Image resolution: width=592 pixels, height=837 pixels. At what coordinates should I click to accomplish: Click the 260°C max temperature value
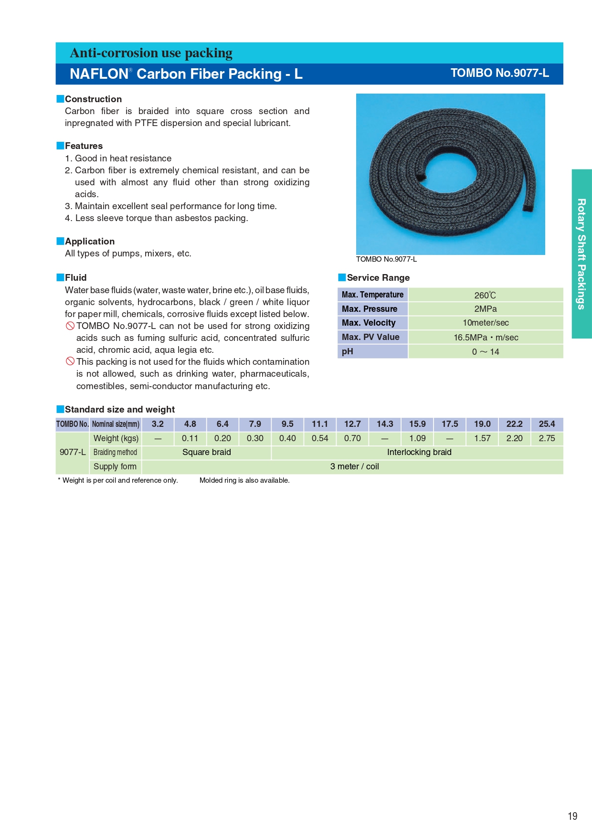tap(485, 295)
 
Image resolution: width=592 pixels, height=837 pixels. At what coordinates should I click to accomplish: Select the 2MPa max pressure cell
tap(485, 309)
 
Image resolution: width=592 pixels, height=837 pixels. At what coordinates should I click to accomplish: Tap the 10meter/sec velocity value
tap(485, 323)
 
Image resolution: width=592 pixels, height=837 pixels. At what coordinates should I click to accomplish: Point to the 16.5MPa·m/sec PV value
tap(485, 337)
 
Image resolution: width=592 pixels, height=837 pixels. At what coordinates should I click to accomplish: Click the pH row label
tap(348, 351)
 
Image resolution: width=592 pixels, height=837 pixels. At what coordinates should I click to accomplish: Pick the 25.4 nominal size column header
tap(547, 424)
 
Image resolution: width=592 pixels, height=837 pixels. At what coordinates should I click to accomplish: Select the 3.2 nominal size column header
tap(158, 424)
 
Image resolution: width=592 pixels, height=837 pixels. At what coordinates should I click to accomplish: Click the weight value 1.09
tap(417, 438)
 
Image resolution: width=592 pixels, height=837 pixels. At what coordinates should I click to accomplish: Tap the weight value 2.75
tap(547, 438)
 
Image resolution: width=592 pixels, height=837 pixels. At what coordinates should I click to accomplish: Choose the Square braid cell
tap(206, 452)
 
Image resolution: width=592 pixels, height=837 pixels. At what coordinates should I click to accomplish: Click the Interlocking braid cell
tap(419, 452)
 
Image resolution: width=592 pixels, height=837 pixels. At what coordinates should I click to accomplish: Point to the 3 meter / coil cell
tap(354, 466)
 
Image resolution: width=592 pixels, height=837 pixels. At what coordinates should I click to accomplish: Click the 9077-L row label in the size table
tap(73, 452)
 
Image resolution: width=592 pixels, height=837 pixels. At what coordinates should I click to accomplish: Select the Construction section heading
tap(93, 99)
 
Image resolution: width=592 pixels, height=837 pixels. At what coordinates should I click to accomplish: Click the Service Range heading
tap(378, 278)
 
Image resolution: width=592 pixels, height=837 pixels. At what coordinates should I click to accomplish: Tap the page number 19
tap(572, 816)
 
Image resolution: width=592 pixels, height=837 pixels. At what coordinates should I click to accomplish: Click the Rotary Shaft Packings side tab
tap(581, 254)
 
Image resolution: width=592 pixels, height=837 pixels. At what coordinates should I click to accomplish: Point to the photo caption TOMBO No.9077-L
tap(386, 259)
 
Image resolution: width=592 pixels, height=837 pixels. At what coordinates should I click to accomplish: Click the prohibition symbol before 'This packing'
tap(70, 361)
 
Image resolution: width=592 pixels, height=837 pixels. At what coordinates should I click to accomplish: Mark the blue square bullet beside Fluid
tap(60, 277)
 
